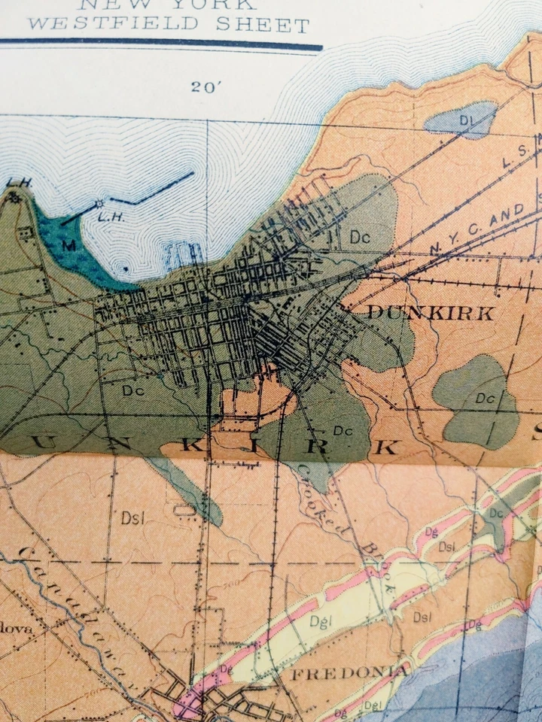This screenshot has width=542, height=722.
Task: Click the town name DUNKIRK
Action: tap(430, 314)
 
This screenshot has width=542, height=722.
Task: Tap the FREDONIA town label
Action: tap(350, 672)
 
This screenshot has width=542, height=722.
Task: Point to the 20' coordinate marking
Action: tap(206, 86)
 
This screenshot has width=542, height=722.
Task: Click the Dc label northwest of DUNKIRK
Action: tap(361, 237)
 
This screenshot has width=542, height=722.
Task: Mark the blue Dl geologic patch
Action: tap(459, 120)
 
